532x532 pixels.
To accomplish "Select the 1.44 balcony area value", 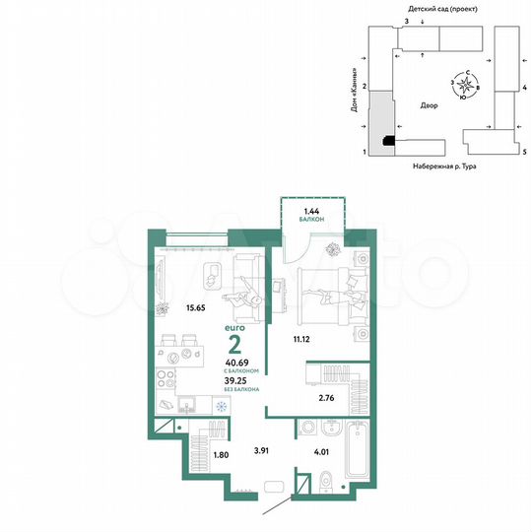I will tap(311, 211).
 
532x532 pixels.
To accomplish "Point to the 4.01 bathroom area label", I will tap(323, 453).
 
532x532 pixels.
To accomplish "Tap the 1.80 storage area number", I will tap(221, 455).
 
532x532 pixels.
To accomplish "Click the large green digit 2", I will tap(235, 345).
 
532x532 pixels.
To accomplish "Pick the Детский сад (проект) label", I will tap(437, 7).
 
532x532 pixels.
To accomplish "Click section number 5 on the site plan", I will tap(525, 153).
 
